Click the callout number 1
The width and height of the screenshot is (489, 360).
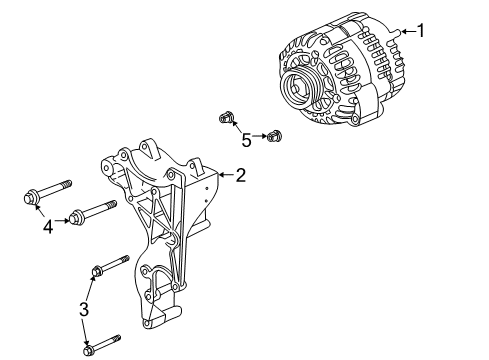point(421,31)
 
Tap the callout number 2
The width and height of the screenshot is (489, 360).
point(240,177)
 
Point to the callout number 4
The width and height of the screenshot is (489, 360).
point(47,228)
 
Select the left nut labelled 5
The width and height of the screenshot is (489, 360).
point(227,120)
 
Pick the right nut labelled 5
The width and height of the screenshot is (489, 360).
point(276,134)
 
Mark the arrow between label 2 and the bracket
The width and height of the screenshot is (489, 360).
point(226,177)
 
